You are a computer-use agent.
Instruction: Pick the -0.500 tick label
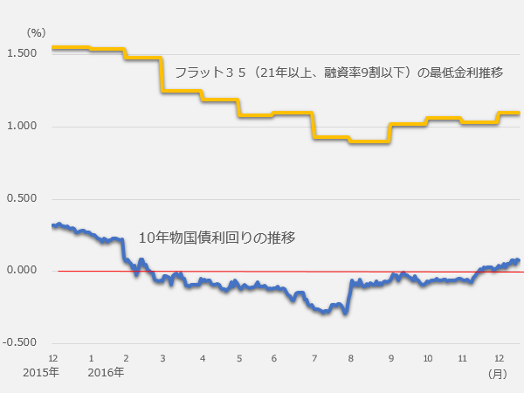19,342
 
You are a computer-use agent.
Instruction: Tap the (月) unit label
497,373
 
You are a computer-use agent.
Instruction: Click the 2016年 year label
106,373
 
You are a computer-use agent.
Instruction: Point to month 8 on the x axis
350,358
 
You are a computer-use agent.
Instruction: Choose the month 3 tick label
163,358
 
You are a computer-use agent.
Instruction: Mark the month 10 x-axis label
428,358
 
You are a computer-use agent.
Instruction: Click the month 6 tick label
274,358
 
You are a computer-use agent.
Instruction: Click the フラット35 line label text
339,72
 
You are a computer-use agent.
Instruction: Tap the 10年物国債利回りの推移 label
218,238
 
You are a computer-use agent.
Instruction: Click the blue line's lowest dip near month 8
346,312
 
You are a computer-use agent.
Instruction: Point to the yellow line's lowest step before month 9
367,141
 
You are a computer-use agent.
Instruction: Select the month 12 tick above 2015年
53,358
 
